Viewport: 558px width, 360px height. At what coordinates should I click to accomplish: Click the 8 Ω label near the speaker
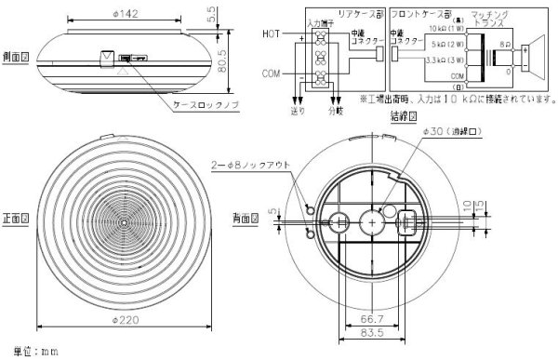(505, 43)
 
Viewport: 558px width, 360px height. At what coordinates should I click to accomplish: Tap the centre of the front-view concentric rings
(123, 224)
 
